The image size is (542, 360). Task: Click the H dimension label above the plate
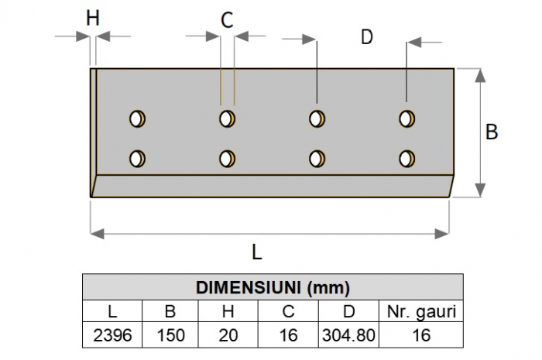point(93,18)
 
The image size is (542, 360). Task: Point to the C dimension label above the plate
point(227,21)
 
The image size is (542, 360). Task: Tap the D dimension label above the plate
point(367,36)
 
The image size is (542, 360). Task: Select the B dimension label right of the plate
point(492,132)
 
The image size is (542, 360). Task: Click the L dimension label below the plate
point(257,252)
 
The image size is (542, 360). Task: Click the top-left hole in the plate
point(138,118)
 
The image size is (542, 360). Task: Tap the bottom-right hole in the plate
point(405,158)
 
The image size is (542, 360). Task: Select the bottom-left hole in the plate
point(138,158)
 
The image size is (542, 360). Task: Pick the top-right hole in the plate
point(405,118)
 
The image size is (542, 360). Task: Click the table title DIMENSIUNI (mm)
point(273,289)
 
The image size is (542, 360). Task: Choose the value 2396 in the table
point(112,335)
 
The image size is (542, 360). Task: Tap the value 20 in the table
point(228,335)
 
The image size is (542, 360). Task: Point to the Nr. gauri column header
point(420,313)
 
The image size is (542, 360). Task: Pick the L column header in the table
point(112,313)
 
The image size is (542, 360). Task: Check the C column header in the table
point(287,313)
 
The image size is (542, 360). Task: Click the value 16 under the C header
point(287,335)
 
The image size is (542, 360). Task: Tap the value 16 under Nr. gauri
point(420,335)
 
